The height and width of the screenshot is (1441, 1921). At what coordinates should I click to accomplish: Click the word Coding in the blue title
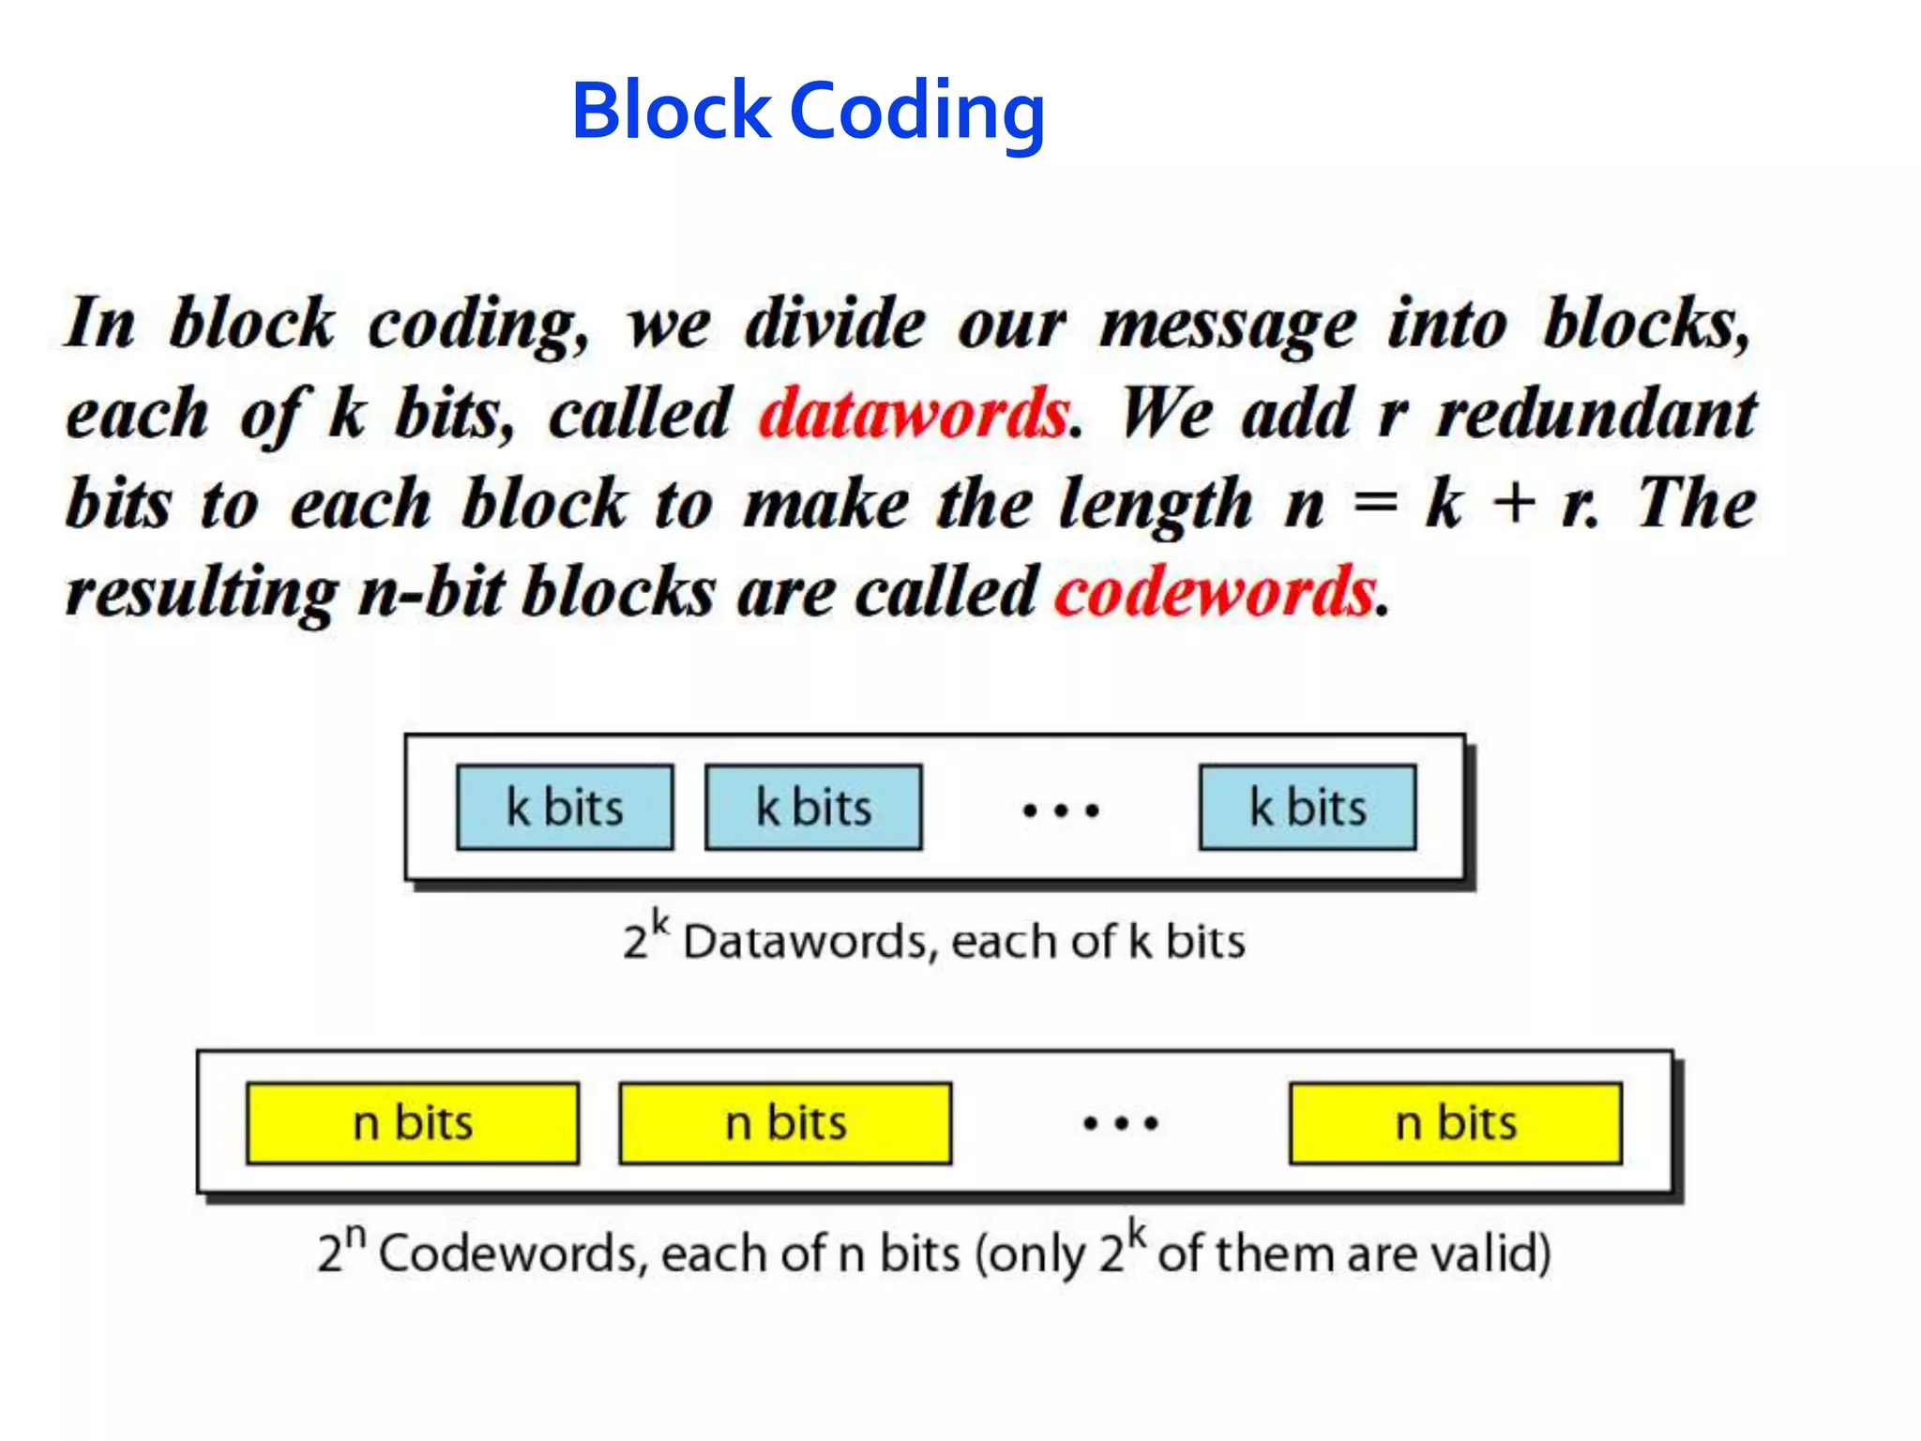coord(917,113)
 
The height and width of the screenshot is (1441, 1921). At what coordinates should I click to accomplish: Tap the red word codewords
coord(1216,593)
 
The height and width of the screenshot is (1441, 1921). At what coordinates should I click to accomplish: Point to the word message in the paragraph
coord(1227,325)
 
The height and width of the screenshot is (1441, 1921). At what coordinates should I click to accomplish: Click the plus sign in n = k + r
coord(1514,503)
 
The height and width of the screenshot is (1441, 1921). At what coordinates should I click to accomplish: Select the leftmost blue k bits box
coord(565,808)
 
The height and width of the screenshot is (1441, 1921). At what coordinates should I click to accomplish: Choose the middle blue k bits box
coord(813,808)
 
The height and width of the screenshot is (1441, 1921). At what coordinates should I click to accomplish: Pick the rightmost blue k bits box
coord(1308,808)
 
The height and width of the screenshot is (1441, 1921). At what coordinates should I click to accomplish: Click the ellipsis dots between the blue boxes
coord(1060,810)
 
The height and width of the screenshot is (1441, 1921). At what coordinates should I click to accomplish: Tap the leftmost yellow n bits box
coord(413,1123)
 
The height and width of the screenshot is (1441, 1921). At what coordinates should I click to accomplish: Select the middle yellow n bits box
coord(785,1123)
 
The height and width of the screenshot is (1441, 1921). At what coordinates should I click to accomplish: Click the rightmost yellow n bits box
coord(1456,1123)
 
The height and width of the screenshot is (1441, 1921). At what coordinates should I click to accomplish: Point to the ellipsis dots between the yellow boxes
coord(1120,1123)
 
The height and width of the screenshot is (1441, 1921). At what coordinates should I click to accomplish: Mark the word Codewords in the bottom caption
coord(512,1253)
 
